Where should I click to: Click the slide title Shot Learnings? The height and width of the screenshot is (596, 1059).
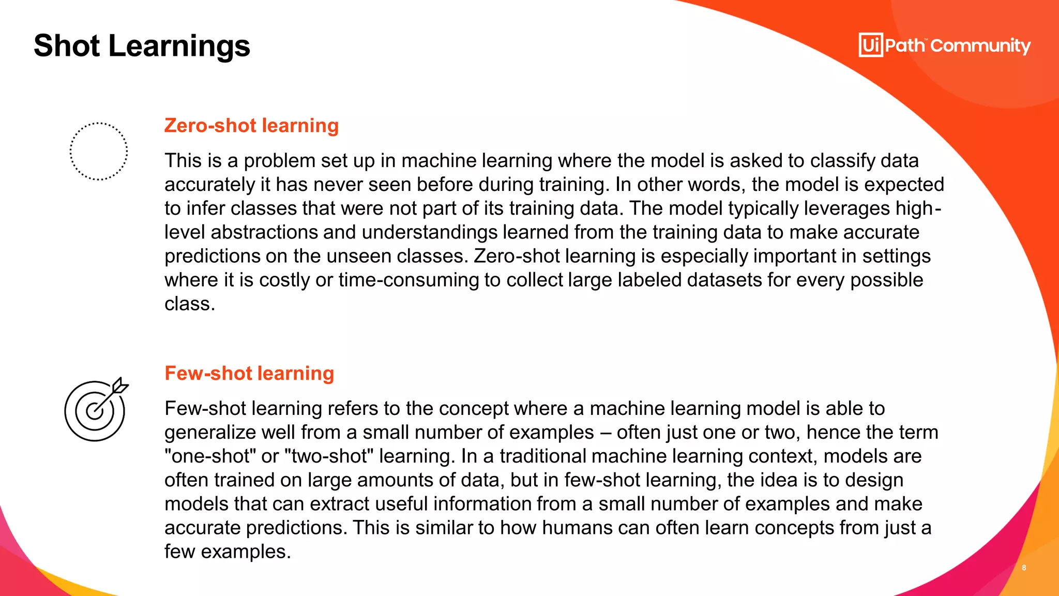pyautogui.click(x=142, y=46)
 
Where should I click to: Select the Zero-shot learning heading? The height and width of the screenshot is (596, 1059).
pyautogui.click(x=251, y=126)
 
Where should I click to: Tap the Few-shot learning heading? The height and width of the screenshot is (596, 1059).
pyautogui.click(x=249, y=374)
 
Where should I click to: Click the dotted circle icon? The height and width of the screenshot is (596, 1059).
pyautogui.click(x=98, y=151)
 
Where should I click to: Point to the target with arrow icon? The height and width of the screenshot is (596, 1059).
pyautogui.click(x=96, y=410)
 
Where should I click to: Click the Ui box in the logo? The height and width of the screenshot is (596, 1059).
pyautogui.click(x=871, y=45)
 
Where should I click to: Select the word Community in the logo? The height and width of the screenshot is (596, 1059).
pyautogui.click(x=980, y=46)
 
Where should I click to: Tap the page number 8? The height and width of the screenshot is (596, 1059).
pyautogui.click(x=1024, y=568)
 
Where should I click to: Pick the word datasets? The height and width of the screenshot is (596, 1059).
pyautogui.click(x=723, y=280)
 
